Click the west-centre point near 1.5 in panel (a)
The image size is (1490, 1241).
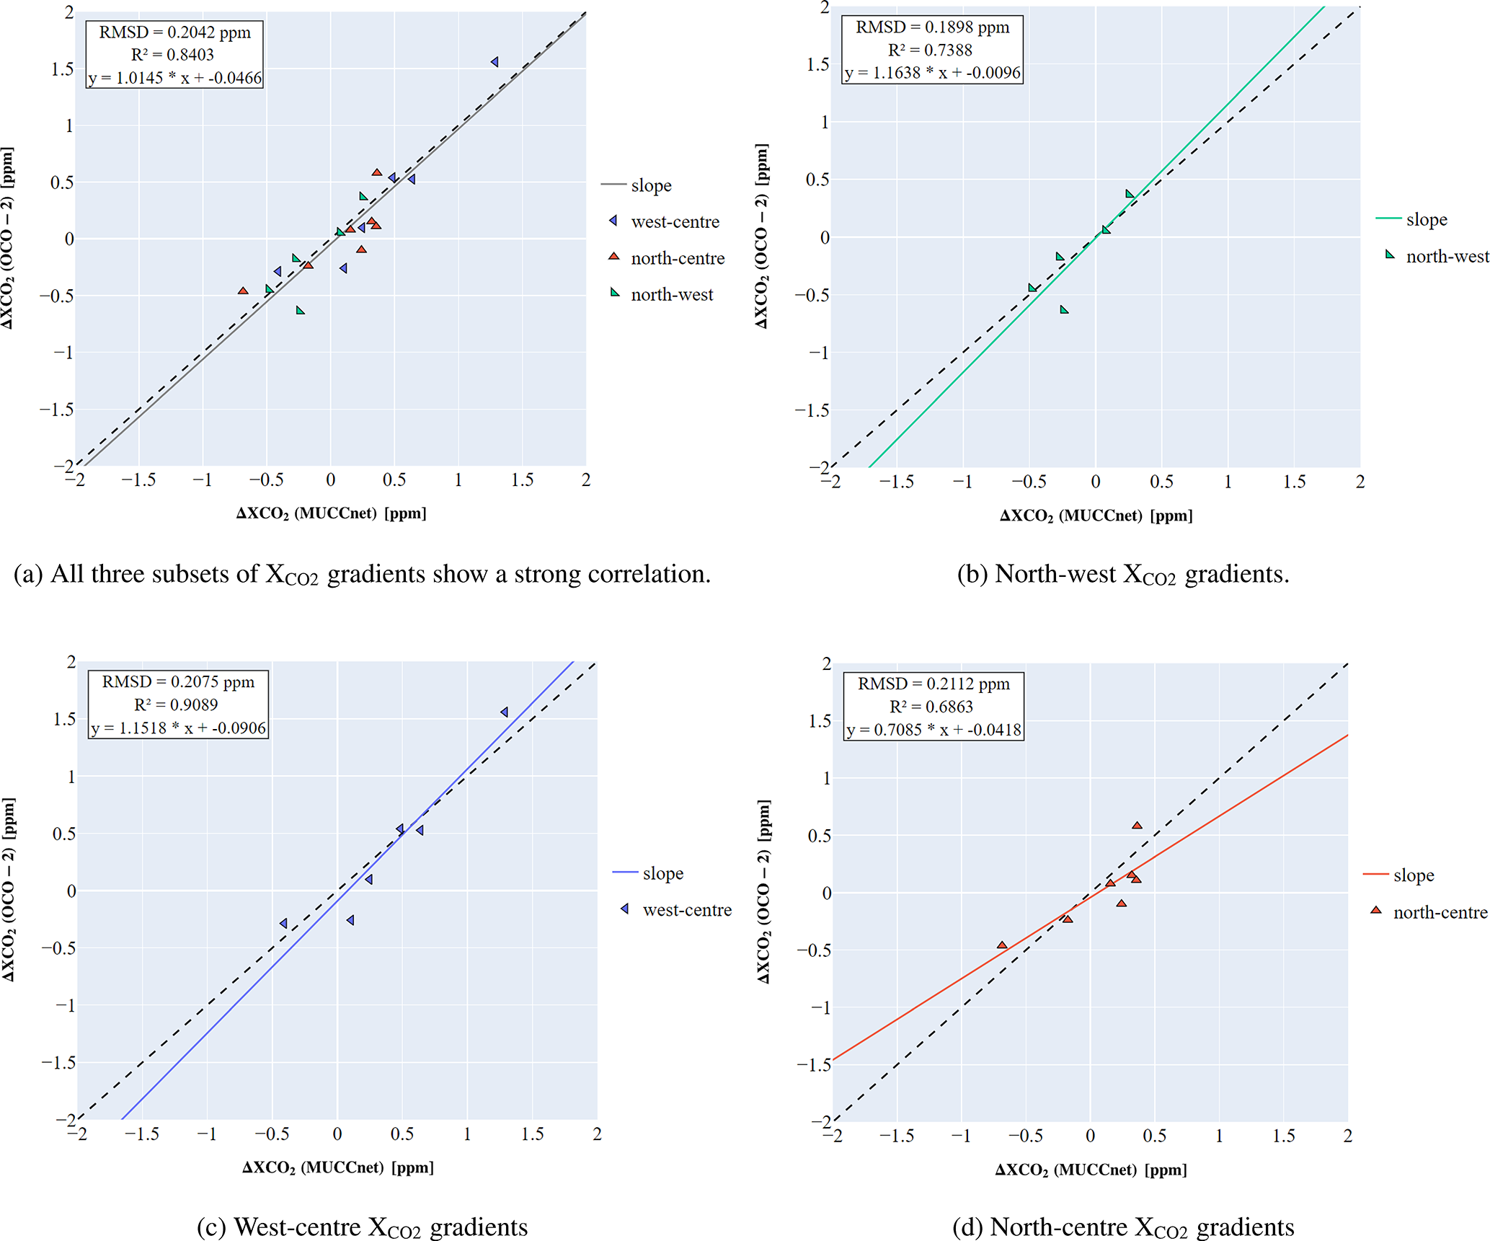(495, 62)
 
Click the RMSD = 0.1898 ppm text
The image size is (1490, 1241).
(932, 27)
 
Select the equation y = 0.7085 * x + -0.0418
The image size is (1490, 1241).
(934, 730)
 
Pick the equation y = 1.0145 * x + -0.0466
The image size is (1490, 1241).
(175, 78)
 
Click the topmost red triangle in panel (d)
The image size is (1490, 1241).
(1137, 826)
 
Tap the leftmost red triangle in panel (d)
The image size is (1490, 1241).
(1002, 945)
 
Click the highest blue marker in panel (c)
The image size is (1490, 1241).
(505, 712)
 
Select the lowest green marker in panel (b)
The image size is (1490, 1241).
(1064, 310)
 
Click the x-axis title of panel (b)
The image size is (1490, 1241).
(1096, 516)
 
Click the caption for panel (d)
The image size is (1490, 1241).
(1123, 1227)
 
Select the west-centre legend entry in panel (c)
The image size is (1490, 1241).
(686, 910)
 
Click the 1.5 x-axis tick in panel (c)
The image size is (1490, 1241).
(532, 1134)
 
